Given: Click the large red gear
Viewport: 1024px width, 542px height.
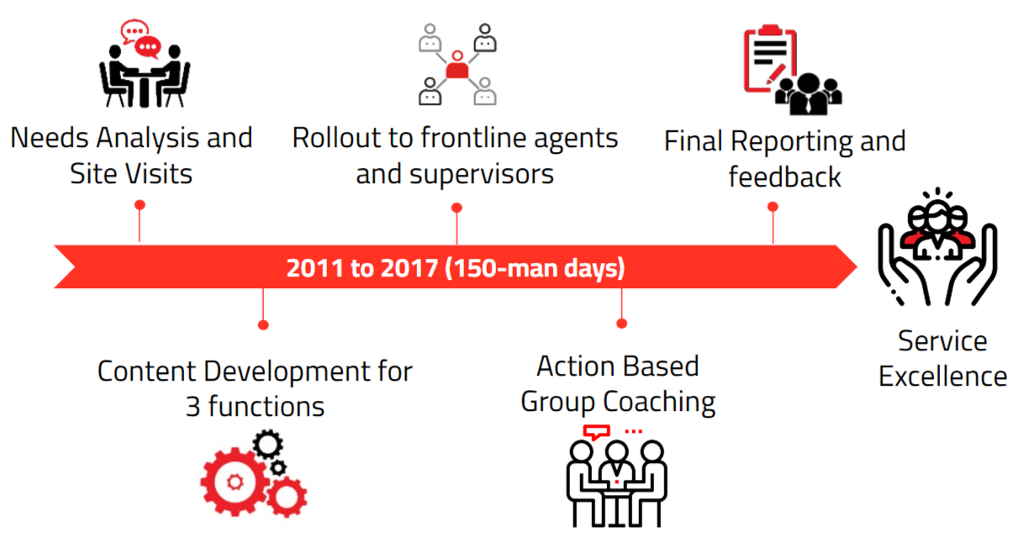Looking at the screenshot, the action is click(235, 481).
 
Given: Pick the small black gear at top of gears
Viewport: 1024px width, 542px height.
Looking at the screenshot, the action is click(268, 444).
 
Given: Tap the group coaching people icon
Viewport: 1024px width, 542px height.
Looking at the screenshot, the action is click(616, 476).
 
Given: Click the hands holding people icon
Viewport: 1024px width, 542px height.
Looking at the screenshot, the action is click(937, 247).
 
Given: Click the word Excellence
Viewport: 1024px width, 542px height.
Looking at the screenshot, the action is click(942, 376).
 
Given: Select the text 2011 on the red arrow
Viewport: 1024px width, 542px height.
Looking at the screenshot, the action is click(314, 268).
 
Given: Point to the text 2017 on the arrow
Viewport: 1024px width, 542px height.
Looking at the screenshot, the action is click(409, 268).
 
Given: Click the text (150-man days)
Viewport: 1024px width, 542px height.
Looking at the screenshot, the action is click(535, 268).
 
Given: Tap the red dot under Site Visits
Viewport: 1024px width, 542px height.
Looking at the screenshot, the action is click(140, 205).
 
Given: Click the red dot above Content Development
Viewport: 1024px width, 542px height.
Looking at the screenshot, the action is click(263, 325).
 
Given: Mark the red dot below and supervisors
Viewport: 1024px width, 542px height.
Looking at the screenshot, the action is click(457, 208).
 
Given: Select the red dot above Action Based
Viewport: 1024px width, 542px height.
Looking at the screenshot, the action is click(622, 324).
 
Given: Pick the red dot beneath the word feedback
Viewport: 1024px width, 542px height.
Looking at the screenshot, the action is click(773, 207).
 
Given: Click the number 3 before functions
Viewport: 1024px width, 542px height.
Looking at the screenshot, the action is click(193, 406).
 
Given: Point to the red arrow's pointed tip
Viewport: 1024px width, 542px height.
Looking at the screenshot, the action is click(857, 267).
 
